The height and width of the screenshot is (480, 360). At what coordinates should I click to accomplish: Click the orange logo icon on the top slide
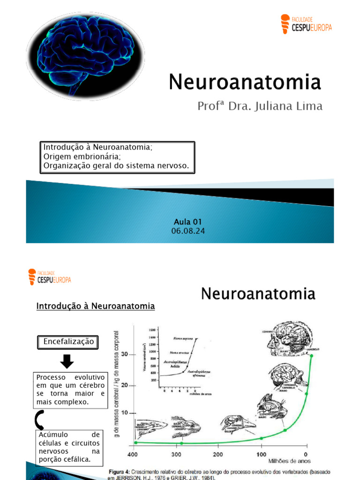click(x=285, y=24)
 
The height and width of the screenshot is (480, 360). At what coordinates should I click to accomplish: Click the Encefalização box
click(x=68, y=342)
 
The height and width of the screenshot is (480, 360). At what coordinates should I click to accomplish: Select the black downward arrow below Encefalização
click(x=67, y=361)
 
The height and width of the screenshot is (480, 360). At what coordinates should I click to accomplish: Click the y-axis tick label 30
click(x=125, y=354)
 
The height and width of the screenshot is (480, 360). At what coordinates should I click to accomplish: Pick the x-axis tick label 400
click(x=135, y=454)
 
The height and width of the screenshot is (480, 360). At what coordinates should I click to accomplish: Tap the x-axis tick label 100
click(x=261, y=454)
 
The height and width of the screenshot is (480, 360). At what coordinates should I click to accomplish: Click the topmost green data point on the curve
click(x=312, y=355)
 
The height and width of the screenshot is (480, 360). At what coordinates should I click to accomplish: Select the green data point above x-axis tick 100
click(x=262, y=438)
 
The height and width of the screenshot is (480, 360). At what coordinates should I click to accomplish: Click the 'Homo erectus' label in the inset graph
click(x=176, y=352)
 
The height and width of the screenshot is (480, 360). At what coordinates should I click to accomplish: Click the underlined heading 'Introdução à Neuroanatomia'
click(x=96, y=306)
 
